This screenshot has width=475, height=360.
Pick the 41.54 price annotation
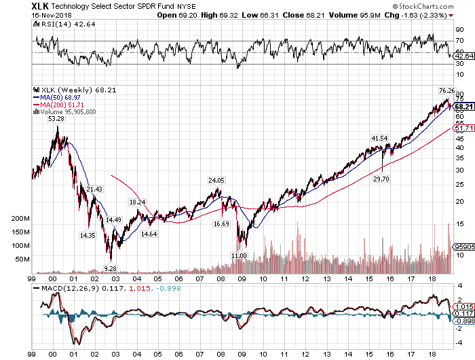tap(379, 139)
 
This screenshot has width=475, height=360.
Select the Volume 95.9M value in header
tap(384, 14)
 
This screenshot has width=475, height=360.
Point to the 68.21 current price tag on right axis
tap(463, 107)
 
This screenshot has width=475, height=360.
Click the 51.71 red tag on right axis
tap(463, 128)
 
